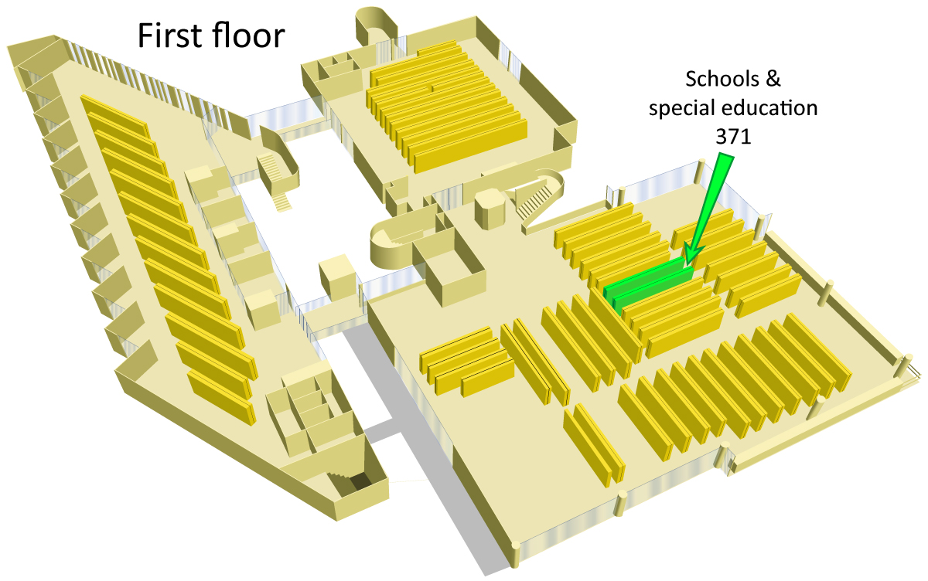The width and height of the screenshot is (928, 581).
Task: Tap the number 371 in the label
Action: coord(733,136)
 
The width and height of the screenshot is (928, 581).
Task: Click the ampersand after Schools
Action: coord(773,79)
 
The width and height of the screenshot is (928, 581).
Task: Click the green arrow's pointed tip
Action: coord(687,265)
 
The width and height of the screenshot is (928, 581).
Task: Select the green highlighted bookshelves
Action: coord(647,286)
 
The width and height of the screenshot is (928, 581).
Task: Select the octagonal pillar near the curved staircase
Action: coord(489,209)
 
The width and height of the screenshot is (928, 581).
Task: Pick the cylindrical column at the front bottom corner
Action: coord(515,555)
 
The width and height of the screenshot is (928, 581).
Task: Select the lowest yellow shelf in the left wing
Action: coord(221,397)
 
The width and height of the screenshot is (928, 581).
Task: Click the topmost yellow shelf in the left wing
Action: coord(114,116)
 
